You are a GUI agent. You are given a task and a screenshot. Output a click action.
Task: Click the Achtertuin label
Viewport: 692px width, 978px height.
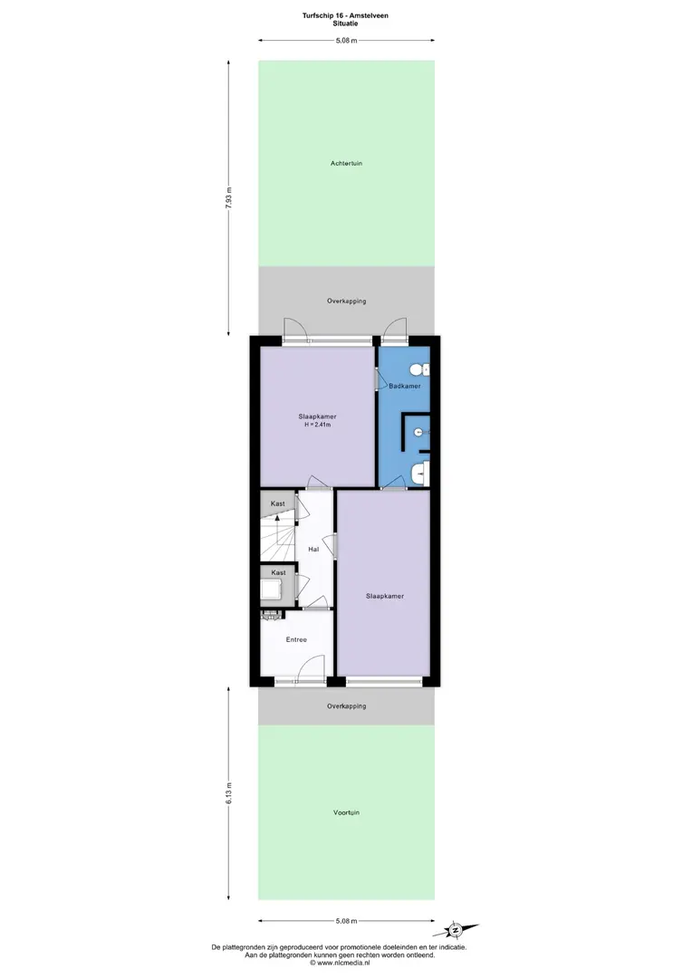(x=346, y=163)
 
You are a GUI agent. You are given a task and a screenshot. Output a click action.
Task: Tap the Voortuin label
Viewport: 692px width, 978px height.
(x=346, y=812)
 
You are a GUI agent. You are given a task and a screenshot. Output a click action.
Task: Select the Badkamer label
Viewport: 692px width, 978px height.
(x=404, y=386)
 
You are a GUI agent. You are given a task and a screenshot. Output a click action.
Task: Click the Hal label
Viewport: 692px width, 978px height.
(x=313, y=550)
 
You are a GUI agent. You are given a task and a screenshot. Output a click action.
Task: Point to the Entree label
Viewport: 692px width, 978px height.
(x=296, y=639)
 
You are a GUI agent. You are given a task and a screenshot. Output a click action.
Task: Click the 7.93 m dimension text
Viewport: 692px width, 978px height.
(x=228, y=198)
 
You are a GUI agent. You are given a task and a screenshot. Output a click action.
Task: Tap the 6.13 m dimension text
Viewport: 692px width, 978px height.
(x=228, y=793)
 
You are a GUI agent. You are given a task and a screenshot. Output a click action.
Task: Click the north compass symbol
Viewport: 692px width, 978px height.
(x=457, y=930)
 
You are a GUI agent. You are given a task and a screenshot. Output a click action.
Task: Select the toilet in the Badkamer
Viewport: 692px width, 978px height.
(x=420, y=369)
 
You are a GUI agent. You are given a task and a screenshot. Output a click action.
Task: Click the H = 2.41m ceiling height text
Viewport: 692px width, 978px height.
(x=318, y=425)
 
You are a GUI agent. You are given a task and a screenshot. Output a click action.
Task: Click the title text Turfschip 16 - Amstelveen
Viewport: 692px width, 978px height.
(x=345, y=15)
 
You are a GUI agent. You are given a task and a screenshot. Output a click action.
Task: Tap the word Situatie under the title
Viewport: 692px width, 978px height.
(x=345, y=24)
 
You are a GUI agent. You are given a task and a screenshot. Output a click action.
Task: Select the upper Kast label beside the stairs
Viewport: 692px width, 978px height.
(x=278, y=503)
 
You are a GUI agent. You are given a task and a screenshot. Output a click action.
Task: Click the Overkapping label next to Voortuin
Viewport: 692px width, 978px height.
(x=346, y=706)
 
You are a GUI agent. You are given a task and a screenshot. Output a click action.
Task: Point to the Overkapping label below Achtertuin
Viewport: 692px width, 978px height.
(x=346, y=302)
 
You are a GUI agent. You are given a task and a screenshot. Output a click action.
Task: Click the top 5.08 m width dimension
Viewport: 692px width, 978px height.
(x=346, y=41)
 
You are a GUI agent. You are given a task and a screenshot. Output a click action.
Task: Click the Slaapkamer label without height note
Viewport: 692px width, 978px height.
(x=385, y=596)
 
